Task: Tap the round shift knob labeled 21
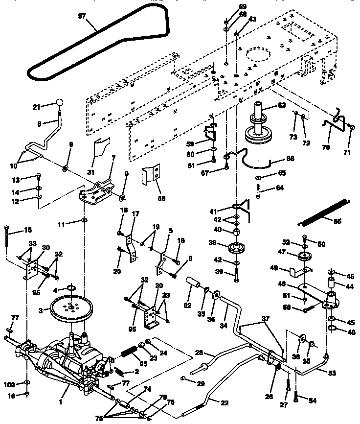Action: tap(60, 103)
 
